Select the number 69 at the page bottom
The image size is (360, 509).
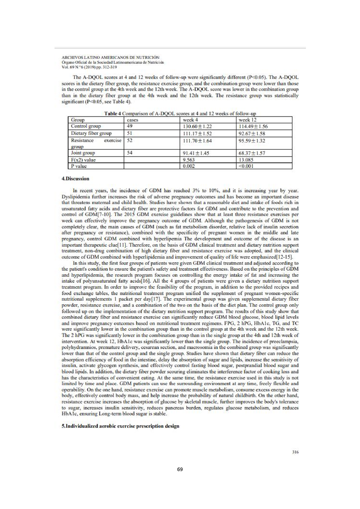point(180,469)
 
